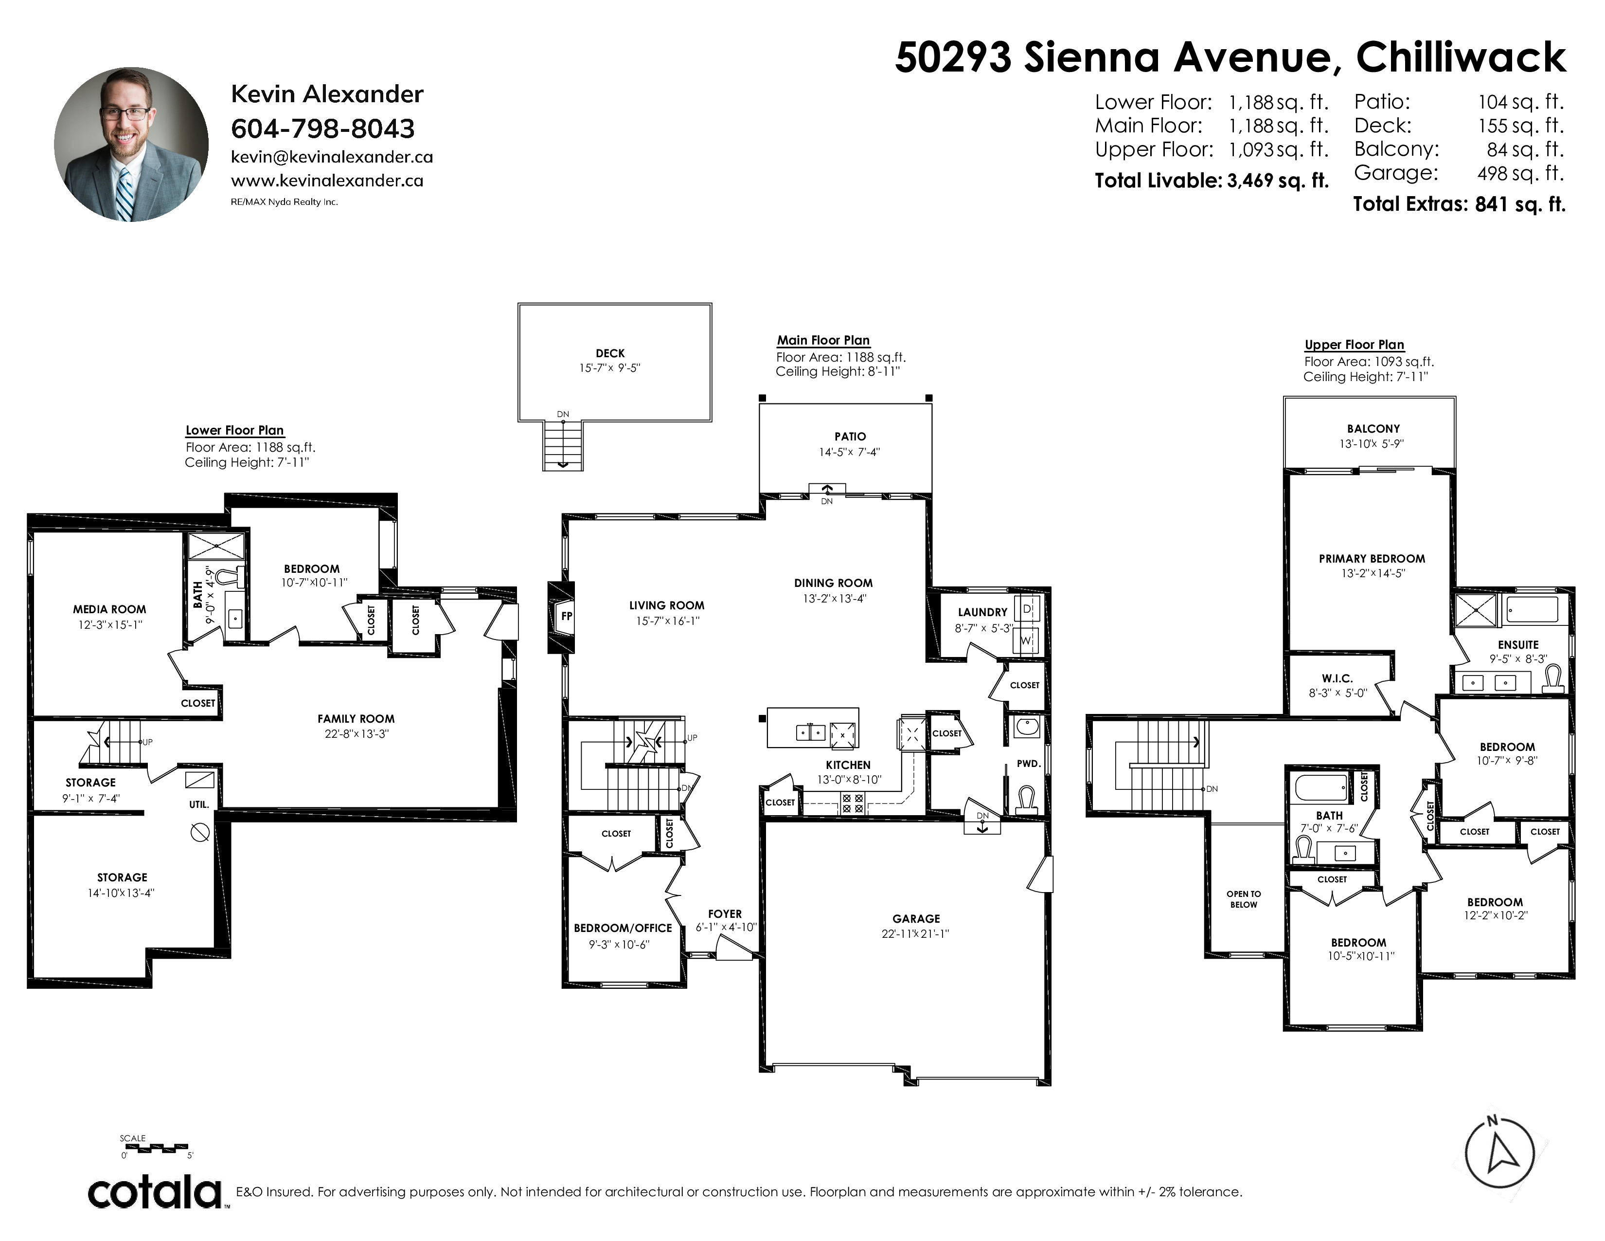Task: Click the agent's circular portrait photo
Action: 131,145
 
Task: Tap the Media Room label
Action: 109,609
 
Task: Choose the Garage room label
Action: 916,918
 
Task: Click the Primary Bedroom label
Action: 1372,559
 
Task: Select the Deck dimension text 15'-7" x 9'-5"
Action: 610,367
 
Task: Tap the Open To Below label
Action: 1244,899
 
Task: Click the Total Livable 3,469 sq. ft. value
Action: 1278,181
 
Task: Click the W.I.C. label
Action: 1337,678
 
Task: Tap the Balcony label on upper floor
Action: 1373,429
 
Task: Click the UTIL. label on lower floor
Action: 199,804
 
